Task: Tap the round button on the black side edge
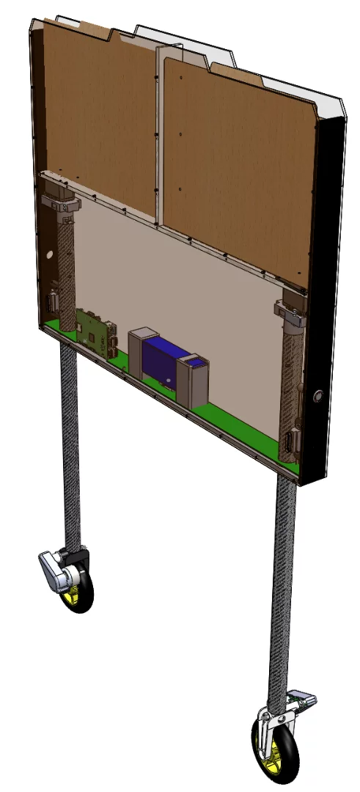317,397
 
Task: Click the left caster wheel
81,591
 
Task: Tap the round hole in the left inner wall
49,256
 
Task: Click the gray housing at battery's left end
139,352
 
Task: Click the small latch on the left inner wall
54,301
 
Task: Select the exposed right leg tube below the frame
284,587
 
